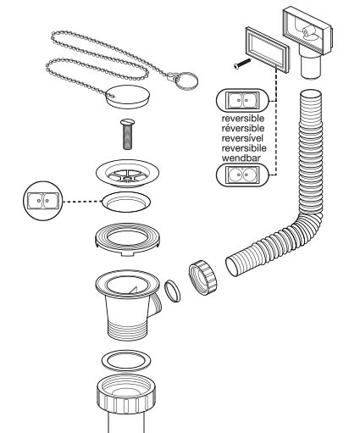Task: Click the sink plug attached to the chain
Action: click(129, 97)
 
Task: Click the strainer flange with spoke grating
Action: click(127, 173)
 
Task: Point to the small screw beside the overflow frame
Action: click(242, 64)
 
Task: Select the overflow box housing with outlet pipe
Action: click(307, 40)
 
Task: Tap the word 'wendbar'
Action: click(241, 158)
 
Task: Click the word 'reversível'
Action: click(242, 138)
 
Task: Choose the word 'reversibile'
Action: click(244, 148)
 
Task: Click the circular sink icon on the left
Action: click(43, 201)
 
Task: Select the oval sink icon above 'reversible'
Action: click(242, 101)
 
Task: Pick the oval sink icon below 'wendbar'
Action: click(242, 175)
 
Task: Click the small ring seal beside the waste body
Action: click(172, 291)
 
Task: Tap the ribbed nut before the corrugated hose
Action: click(203, 278)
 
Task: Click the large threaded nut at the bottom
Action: click(126, 395)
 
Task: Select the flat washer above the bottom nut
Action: click(126, 361)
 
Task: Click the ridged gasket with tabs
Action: click(127, 239)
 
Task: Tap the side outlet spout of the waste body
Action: click(155, 304)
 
